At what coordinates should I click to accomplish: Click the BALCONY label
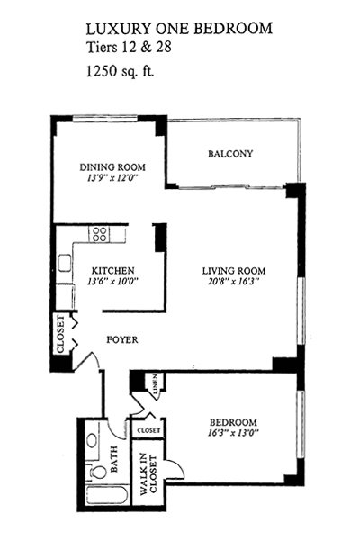click(230, 154)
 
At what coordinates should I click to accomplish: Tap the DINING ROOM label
click(112, 167)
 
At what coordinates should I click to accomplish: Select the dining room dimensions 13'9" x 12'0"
click(112, 178)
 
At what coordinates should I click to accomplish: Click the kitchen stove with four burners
click(99, 234)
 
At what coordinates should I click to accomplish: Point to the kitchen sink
click(65, 263)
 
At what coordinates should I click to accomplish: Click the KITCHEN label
click(112, 271)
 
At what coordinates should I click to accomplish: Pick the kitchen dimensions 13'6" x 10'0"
click(112, 282)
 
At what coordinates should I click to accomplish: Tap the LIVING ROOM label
click(234, 271)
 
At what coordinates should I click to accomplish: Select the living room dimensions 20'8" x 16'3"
click(234, 282)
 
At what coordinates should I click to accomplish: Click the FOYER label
click(122, 340)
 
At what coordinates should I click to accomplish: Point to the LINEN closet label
click(156, 384)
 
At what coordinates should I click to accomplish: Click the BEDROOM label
click(234, 422)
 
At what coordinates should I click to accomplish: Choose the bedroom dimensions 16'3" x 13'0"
click(234, 433)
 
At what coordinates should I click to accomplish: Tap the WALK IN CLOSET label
click(148, 474)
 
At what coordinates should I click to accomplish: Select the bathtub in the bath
click(107, 495)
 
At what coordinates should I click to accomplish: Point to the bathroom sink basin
click(92, 440)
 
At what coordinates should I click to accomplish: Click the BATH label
click(114, 459)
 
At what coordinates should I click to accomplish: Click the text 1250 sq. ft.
click(120, 72)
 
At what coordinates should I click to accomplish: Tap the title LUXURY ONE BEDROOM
click(179, 29)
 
